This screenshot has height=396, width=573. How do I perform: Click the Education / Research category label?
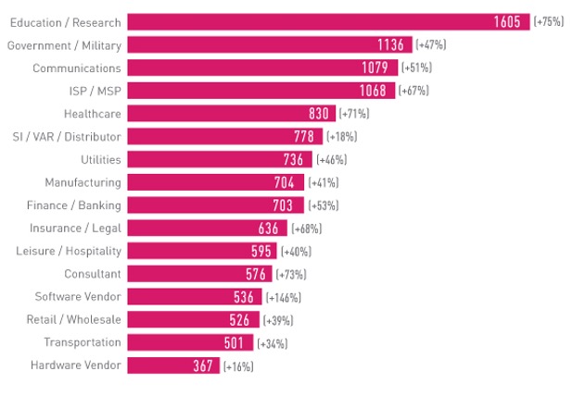tap(64, 21)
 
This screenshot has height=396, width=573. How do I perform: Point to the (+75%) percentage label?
tap(549, 22)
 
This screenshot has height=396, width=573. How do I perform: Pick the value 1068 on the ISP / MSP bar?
tap(377, 91)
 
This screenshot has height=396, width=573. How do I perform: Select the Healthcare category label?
tap(92, 113)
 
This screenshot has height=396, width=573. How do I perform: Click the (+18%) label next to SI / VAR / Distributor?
tap(341, 137)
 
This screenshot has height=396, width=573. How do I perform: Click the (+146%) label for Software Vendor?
tap(284, 297)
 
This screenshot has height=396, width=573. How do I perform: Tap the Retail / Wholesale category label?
tap(77, 319)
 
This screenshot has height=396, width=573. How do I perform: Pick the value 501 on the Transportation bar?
tap(236, 343)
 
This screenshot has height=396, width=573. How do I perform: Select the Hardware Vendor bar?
tap(172, 365)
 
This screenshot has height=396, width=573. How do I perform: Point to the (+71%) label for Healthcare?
tap(354, 114)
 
